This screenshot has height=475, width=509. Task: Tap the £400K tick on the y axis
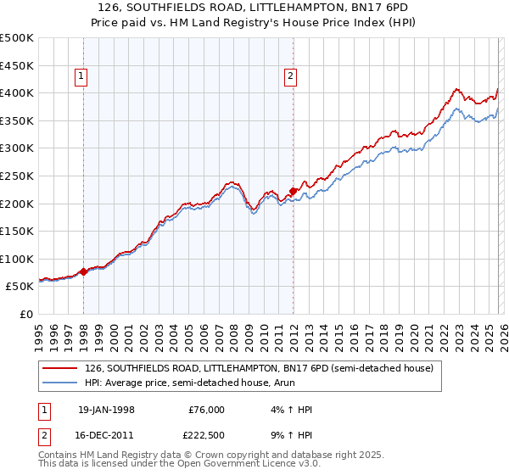tap(17, 92)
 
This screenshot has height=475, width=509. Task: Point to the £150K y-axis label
tap(17, 232)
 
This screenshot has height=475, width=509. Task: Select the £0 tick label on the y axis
tap(25, 315)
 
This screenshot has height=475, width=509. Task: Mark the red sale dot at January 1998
tap(84, 272)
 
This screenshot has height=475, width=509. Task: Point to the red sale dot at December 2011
tap(293, 191)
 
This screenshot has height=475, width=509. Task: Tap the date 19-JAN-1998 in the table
tap(106, 410)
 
